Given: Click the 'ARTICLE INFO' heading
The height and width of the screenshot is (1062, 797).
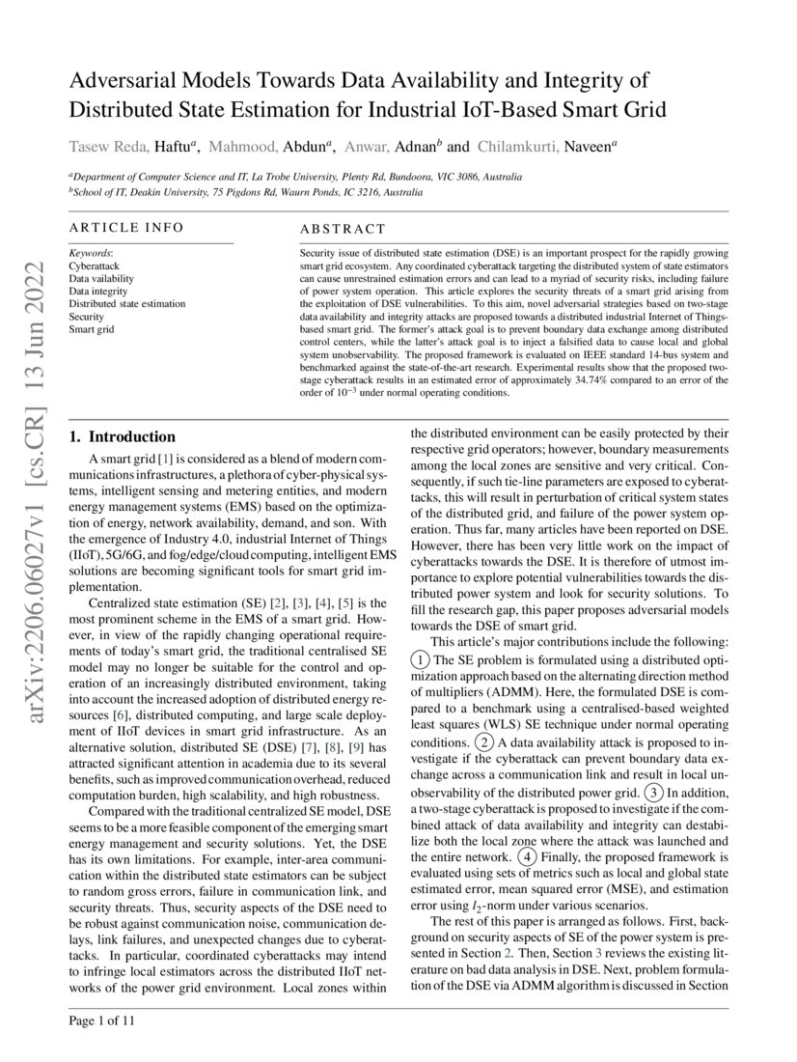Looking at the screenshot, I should (125, 228).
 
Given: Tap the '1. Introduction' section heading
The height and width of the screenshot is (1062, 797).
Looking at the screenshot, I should (123, 436).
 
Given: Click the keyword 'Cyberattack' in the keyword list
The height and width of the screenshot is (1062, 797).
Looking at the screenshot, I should (94, 264).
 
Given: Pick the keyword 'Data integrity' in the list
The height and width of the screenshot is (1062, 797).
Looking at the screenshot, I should (97, 290).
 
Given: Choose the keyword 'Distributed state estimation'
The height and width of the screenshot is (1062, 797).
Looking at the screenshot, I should (126, 303).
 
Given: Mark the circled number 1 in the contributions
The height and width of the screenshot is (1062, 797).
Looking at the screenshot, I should (420, 659).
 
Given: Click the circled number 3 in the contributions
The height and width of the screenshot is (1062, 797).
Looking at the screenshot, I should (653, 793).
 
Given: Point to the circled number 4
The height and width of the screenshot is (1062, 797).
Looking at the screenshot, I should (526, 856).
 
